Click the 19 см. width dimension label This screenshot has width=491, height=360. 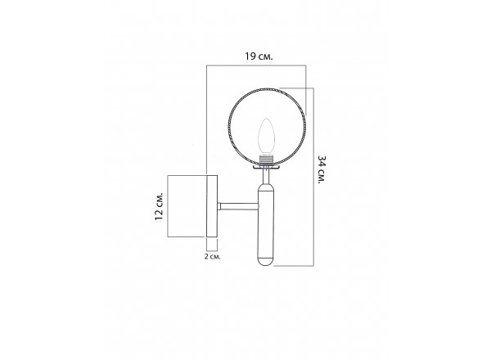point(259,56)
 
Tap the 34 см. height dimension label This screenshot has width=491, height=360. point(322,169)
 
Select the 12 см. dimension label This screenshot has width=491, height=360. point(159,206)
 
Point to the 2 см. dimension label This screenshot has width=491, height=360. point(212,257)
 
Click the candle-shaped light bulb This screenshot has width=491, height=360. point(266,136)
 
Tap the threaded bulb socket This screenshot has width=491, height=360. point(267,160)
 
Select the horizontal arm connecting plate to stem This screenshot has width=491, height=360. point(238,206)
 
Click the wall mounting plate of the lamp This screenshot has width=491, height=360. point(212,206)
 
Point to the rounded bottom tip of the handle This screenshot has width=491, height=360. point(266,263)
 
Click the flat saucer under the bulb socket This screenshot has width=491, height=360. point(266,168)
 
